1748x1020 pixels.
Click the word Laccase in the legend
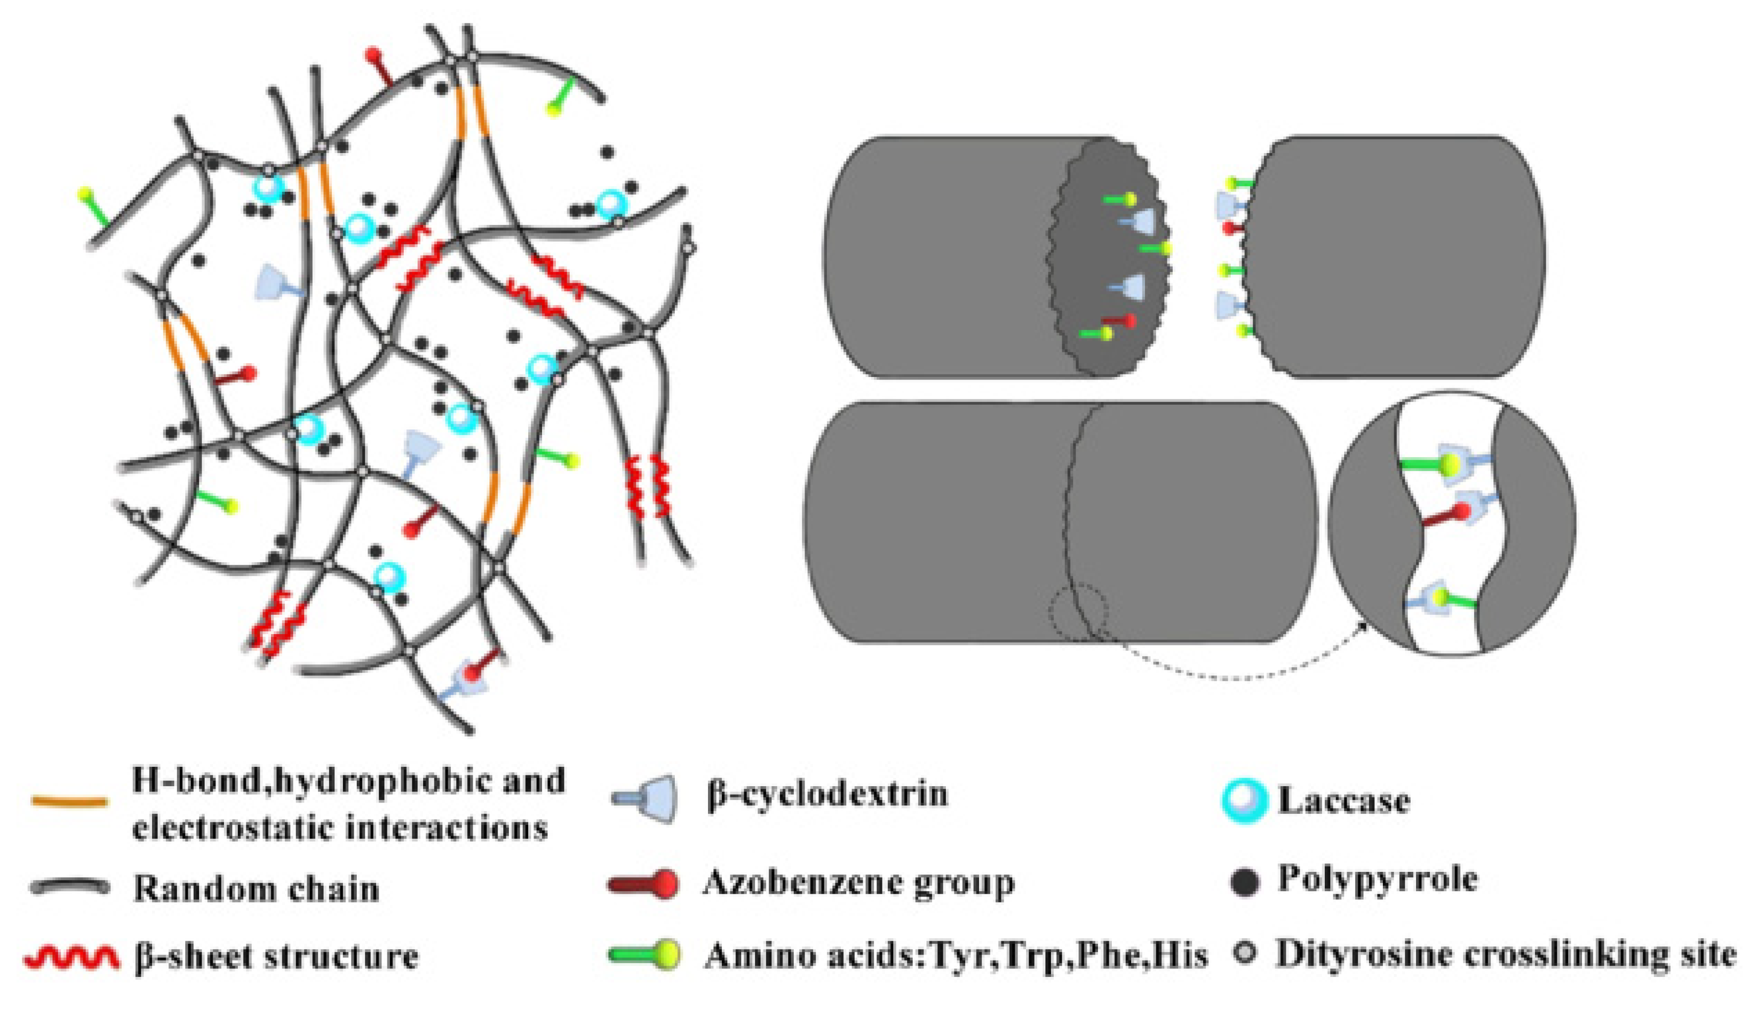point(1344,801)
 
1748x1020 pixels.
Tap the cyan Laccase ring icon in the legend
point(1243,802)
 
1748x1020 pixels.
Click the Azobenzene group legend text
point(858,882)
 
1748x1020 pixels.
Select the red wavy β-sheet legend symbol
point(68,958)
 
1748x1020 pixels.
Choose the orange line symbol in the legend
point(69,802)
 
